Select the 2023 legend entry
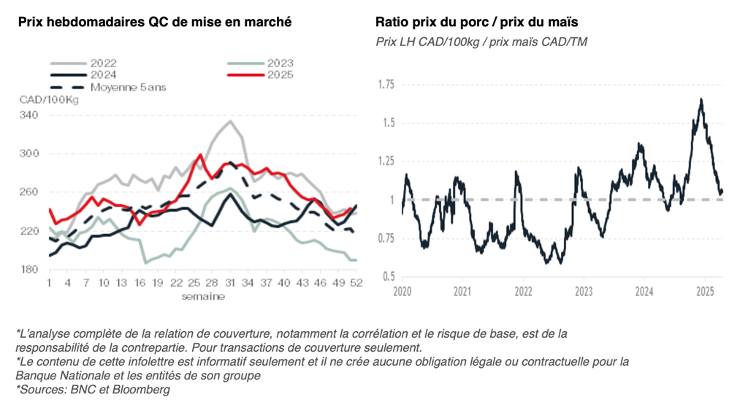coord(280,64)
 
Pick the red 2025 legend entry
coord(280,75)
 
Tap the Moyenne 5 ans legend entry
coord(128,87)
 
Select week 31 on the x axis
coord(231,284)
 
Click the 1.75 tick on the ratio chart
coord(385,85)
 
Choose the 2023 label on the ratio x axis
coord(583,292)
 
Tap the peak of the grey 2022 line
coord(231,121)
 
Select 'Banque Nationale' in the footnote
coord(52,376)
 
